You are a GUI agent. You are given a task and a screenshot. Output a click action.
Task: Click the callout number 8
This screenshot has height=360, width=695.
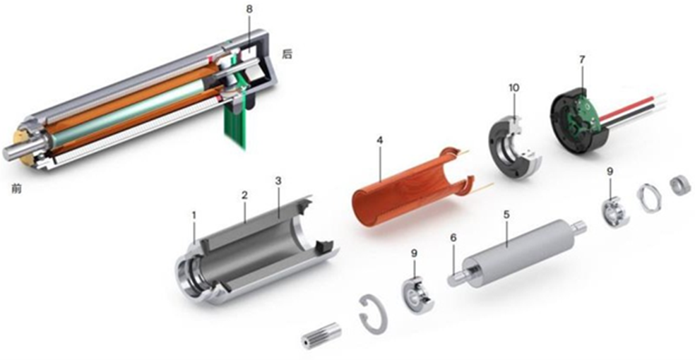pyautogui.click(x=249, y=10)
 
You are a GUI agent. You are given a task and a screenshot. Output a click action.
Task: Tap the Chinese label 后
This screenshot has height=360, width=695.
pyautogui.click(x=287, y=54)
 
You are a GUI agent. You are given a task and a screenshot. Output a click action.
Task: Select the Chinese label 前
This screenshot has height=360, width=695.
pyautogui.click(x=16, y=188)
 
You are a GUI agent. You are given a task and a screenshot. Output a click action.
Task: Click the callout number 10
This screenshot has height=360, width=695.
pyautogui.click(x=513, y=88)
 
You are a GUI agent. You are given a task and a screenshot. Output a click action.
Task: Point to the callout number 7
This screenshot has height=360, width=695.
pyautogui.click(x=582, y=58)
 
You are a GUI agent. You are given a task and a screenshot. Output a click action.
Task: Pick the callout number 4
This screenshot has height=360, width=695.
pyautogui.click(x=379, y=140)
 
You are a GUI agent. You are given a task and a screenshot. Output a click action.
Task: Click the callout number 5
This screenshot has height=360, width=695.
pyautogui.click(x=506, y=215)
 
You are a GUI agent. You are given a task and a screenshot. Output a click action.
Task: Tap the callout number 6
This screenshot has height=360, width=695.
pyautogui.click(x=453, y=238)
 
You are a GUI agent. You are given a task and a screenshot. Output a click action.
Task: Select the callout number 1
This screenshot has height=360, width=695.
pyautogui.click(x=194, y=215)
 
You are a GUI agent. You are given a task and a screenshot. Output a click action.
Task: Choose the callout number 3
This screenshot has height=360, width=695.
pyautogui.click(x=278, y=181)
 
